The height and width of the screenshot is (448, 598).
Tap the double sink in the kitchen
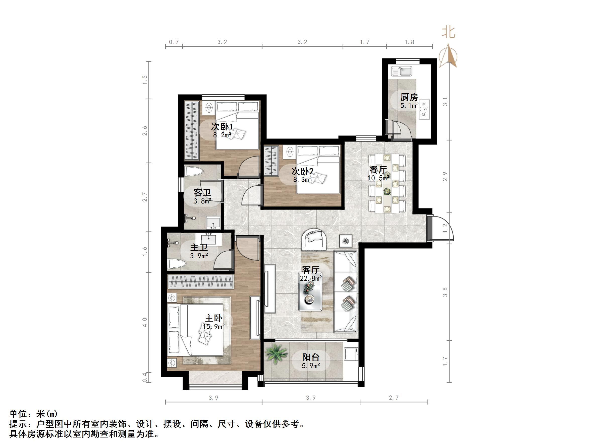pyautogui.click(x=401, y=71)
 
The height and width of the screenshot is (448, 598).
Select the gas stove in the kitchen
pyautogui.click(x=424, y=109)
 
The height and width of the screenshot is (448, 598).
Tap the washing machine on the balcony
pyautogui.click(x=351, y=353)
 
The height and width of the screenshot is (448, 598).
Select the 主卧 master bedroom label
pyautogui.click(x=213, y=318)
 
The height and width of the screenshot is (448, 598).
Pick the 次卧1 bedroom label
pyautogui.click(x=222, y=127)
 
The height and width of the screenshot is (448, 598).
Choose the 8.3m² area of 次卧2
pyautogui.click(x=302, y=179)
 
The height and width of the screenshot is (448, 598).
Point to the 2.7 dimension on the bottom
pyautogui.click(x=394, y=398)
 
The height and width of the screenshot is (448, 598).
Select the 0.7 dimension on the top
pyautogui.click(x=174, y=42)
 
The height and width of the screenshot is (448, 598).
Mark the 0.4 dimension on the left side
pyautogui.click(x=145, y=377)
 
